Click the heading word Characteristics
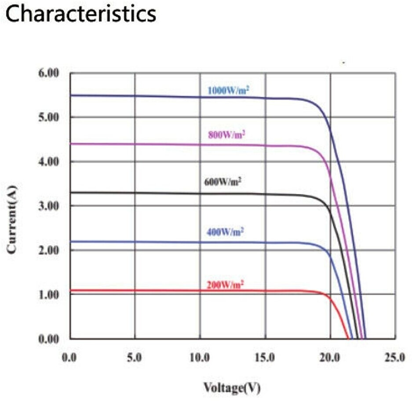coord(82,14)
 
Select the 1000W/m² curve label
coord(229,90)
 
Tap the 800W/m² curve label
coord(226,135)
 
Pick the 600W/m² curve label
coord(223,181)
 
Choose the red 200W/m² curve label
coord(225,285)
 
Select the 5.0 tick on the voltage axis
coord(135,358)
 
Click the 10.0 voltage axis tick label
coord(200,358)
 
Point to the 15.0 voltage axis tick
coord(265,358)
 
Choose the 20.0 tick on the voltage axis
coord(330,358)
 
